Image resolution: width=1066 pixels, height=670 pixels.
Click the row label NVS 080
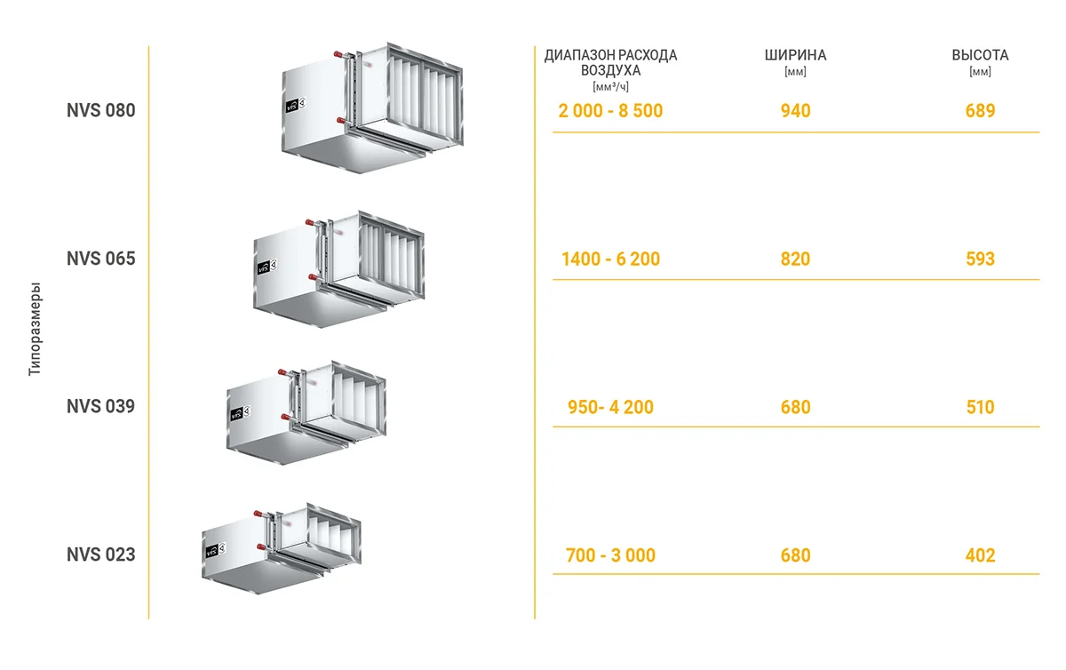(x=101, y=111)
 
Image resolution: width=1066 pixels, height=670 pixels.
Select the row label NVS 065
(x=101, y=259)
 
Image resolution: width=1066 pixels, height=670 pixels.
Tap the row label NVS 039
(x=101, y=406)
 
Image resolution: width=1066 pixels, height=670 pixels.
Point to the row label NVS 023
(x=101, y=554)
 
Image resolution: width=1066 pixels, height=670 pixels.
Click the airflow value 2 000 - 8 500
(x=610, y=111)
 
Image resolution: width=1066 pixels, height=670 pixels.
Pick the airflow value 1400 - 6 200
(x=610, y=259)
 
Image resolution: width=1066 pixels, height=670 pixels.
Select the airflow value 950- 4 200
(x=610, y=407)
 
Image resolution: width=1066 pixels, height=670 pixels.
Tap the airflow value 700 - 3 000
(x=610, y=555)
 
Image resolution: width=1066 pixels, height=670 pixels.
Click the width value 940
(x=795, y=111)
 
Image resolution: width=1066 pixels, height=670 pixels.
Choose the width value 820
(x=795, y=259)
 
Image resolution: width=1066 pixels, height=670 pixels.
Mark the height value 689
(x=980, y=111)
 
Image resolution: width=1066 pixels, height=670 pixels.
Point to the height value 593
(x=980, y=259)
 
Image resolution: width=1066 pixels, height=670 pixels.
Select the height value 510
(x=980, y=407)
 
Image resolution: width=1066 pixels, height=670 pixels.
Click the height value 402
(x=980, y=555)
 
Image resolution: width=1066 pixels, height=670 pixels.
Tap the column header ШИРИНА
(x=795, y=55)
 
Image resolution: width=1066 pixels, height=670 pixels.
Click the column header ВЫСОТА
(x=980, y=55)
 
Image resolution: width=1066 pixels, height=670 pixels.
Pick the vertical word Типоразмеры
(x=35, y=329)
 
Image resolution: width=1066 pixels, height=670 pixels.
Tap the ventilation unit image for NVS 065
(x=338, y=269)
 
